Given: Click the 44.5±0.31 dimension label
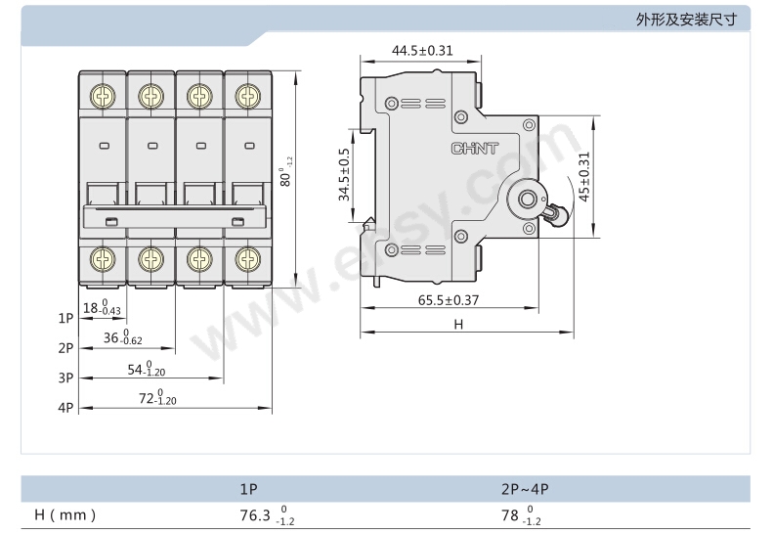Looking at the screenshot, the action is tap(422, 50).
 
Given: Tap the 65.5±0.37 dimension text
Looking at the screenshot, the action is tap(448, 300).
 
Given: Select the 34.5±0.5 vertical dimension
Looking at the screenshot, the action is tap(344, 175).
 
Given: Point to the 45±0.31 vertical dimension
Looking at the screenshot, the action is tap(584, 176).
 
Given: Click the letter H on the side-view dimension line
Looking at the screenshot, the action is tap(458, 324).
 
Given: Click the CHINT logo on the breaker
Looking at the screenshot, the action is tap(475, 149).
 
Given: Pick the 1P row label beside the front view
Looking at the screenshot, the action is tap(66, 318).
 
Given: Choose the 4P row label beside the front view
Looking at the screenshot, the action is tap(66, 408).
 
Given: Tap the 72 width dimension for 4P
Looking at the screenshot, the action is tap(157, 397).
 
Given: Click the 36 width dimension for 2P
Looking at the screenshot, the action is tap(122, 337).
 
